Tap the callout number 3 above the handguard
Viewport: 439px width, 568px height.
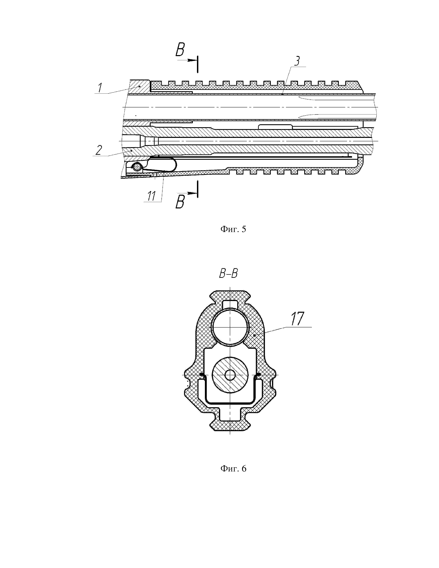[297, 61]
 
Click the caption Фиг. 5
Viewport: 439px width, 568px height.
[233, 229]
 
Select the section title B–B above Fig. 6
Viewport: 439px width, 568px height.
[228, 274]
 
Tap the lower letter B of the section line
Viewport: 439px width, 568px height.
[180, 202]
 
